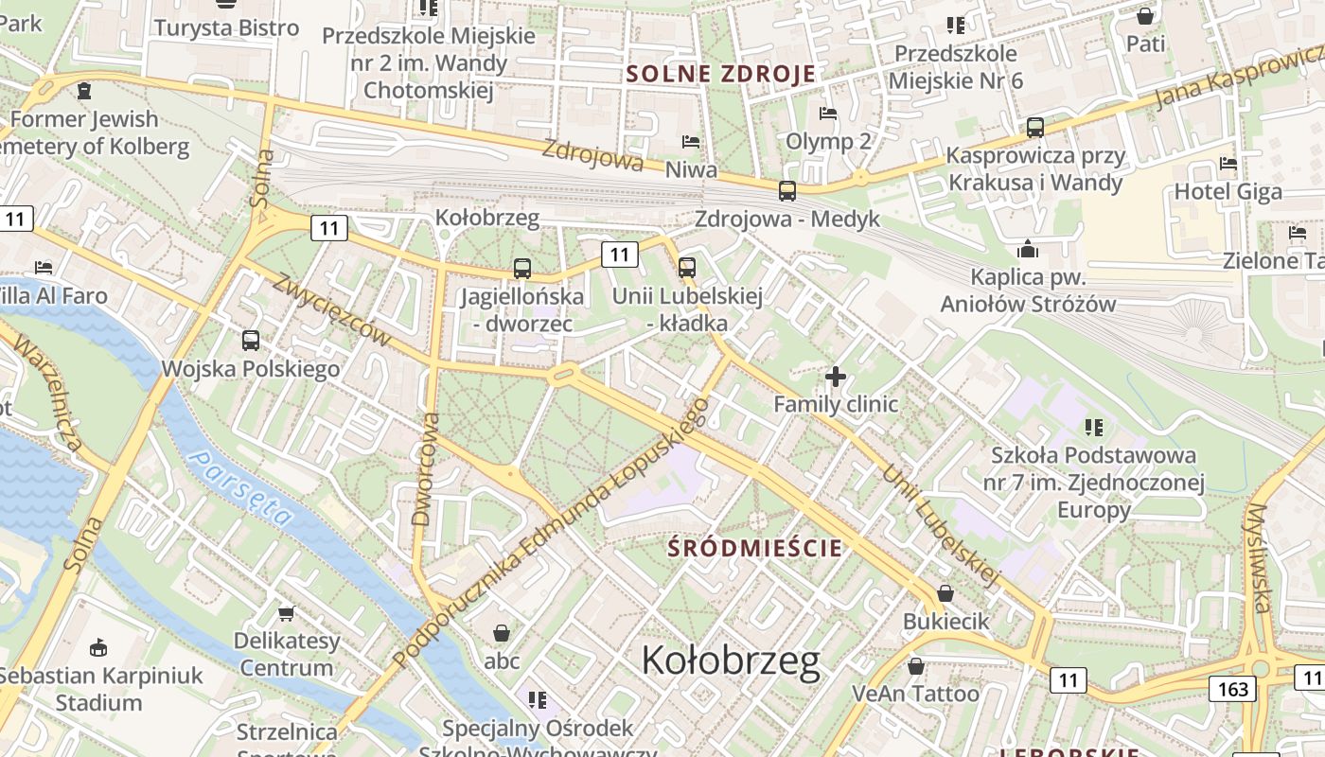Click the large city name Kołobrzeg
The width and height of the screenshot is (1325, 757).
731,660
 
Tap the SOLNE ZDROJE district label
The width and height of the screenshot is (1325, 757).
721,74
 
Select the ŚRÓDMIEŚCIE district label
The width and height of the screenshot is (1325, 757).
754,547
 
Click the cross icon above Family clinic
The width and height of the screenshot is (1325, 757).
835,377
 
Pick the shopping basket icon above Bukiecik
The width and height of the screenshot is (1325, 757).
945,593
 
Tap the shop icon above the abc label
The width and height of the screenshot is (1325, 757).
502,632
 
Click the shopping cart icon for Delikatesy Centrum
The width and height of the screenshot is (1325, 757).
287,613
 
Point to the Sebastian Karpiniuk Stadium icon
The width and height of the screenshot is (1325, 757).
98,647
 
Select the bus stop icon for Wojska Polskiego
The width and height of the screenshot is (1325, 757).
251,340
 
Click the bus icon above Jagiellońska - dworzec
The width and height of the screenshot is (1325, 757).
522,268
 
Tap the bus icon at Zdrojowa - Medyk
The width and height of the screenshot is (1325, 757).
787,191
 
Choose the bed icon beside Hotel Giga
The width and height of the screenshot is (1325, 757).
1228,164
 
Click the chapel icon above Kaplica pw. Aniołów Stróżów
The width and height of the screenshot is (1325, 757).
1028,250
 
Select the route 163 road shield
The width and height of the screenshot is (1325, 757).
1233,688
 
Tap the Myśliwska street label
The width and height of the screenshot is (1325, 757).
1260,558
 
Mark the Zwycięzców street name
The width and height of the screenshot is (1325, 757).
331,309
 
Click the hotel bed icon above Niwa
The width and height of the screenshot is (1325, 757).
691,142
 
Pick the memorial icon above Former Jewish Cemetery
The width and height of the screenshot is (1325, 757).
84,91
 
